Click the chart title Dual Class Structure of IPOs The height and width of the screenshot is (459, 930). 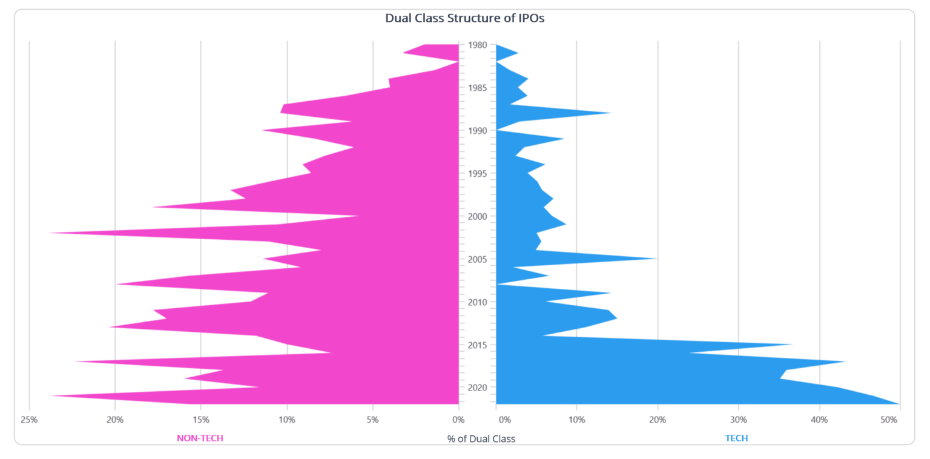(x=465, y=18)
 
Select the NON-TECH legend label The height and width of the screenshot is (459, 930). (x=200, y=438)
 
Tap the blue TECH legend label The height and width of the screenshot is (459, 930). (x=736, y=438)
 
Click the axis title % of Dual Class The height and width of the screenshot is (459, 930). (x=481, y=438)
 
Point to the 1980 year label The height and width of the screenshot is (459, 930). (x=477, y=45)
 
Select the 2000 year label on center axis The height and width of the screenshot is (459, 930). (x=477, y=216)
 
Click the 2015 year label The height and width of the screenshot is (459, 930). (x=477, y=345)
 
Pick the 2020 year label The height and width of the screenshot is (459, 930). (x=477, y=388)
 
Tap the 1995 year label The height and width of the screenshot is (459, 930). (x=477, y=174)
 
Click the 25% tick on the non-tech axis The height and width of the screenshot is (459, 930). (x=29, y=419)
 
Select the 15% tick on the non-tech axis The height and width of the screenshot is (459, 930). (x=201, y=419)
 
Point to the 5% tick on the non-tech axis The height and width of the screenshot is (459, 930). (x=373, y=419)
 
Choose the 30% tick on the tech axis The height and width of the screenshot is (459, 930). (x=738, y=419)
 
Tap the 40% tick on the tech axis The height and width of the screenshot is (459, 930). (x=819, y=419)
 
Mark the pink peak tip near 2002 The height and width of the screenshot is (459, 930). (x=50, y=233)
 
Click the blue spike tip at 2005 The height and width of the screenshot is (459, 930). (x=656, y=259)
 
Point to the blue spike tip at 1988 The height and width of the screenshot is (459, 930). (x=610, y=113)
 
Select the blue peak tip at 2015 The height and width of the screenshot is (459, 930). (x=792, y=345)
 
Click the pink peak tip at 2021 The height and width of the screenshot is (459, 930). (x=52, y=395)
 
